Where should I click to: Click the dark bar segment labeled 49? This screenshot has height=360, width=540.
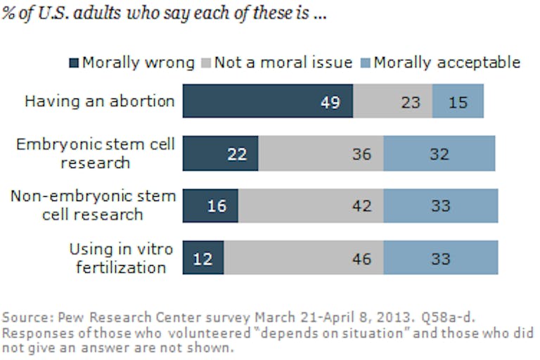pyautogui.click(x=268, y=101)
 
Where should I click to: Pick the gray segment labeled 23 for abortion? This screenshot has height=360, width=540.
pyautogui.click(x=392, y=101)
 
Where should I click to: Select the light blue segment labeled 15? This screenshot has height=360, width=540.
pyautogui.click(x=458, y=101)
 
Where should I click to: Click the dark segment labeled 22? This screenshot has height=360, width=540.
pyautogui.click(x=221, y=153)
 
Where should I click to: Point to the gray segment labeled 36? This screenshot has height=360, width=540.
pyautogui.click(x=321, y=153)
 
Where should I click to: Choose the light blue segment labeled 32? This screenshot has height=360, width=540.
pyautogui.click(x=439, y=153)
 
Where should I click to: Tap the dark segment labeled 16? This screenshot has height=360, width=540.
pyautogui.click(x=211, y=205)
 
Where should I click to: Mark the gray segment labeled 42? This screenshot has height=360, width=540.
pyautogui.click(x=311, y=205)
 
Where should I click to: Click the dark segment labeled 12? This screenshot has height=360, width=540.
pyautogui.click(x=203, y=257)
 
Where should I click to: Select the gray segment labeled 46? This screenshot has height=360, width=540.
pyautogui.click(x=304, y=257)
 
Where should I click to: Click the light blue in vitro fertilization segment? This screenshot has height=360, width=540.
pyautogui.click(x=441, y=257)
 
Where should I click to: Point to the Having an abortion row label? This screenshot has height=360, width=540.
pyautogui.click(x=100, y=101)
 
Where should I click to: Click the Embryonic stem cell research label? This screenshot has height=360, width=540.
pyautogui.click(x=96, y=153)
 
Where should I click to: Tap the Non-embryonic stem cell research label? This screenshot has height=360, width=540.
pyautogui.click(x=92, y=205)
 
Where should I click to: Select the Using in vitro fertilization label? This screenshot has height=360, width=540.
pyautogui.click(x=117, y=257)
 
